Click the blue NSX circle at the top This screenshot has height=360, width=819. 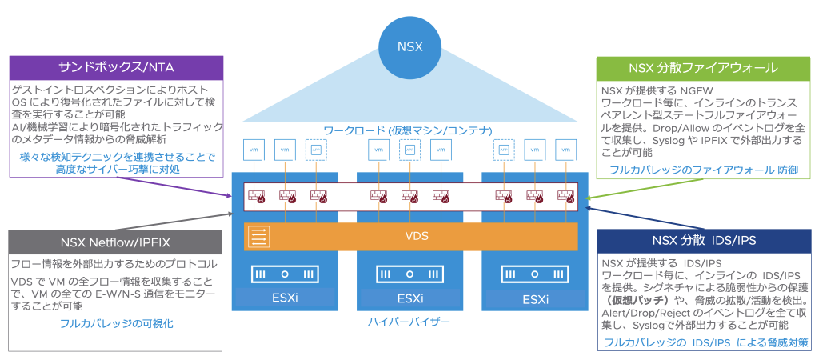[409, 46]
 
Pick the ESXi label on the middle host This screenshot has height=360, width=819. [409, 300]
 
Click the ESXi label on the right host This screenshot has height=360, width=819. [534, 300]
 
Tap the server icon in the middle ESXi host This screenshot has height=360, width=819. [409, 275]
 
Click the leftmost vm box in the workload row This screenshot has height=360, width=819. [254, 149]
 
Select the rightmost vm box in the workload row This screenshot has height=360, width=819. [565, 149]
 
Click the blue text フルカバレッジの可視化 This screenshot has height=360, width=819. [116, 324]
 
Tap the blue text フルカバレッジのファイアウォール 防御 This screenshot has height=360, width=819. [703, 170]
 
